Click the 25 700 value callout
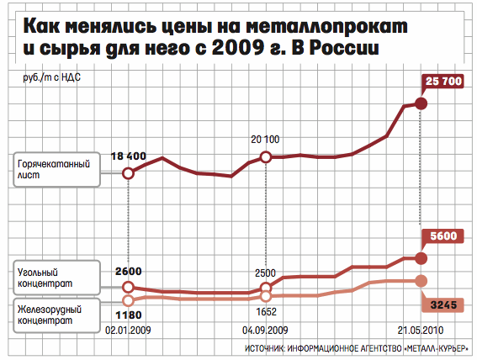(443, 82)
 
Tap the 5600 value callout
(443, 236)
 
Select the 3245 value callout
(443, 304)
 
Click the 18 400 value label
(129, 156)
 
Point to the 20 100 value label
(265, 140)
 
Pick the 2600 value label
(129, 271)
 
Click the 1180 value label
(129, 315)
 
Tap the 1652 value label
(266, 312)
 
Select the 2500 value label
(265, 273)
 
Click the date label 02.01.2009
(128, 331)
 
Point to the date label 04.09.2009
(265, 331)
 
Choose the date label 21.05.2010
(421, 331)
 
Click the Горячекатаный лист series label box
(57, 169)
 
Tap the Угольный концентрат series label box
(57, 278)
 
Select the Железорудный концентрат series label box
(57, 315)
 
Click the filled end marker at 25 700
(421, 103)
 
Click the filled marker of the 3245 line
(421, 281)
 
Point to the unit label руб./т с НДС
(52, 77)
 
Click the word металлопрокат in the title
(326, 26)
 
